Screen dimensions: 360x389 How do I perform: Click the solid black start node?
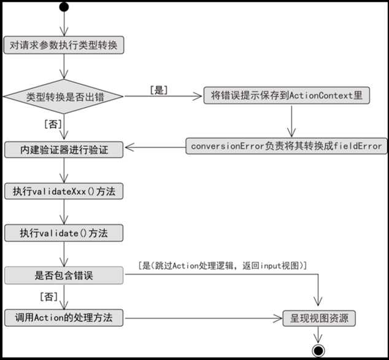pos(64,7)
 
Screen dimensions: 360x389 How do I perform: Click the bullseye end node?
pos(318,351)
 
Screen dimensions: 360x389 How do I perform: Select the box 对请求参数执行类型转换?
pos(64,45)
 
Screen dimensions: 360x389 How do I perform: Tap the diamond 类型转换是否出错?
pos(64,96)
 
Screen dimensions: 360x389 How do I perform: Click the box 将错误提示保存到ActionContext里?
pos(287,96)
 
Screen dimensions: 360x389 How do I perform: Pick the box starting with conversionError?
pos(286,146)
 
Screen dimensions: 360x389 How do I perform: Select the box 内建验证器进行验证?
pos(64,149)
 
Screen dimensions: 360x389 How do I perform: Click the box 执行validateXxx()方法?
pos(64,191)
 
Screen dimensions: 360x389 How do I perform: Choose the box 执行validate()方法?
pos(64,233)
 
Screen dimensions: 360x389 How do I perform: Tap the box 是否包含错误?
pos(64,276)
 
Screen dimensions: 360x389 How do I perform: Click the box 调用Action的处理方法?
pos(64,318)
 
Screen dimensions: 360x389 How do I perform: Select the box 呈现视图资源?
pos(318,318)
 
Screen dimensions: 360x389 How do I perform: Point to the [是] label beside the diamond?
pos(159,90)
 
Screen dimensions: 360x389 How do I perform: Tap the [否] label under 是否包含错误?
pos(49,297)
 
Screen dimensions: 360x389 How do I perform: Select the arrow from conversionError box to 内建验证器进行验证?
pos(155,147)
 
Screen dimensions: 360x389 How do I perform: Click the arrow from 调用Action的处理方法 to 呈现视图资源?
pos(202,318)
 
